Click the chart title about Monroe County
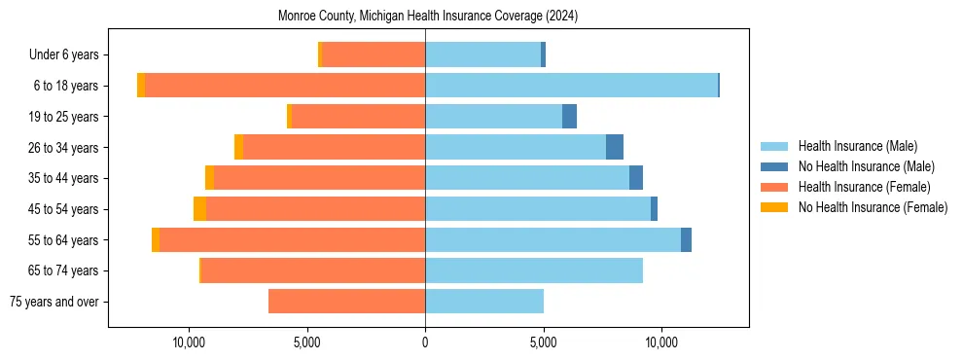(428, 17)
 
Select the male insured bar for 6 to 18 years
(571, 86)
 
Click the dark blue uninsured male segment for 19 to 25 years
(569, 117)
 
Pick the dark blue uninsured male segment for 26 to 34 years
(615, 147)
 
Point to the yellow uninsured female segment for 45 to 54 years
(199, 209)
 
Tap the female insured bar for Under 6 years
(373, 55)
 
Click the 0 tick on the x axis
(425, 342)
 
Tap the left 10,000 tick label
(189, 342)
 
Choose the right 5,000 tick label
(543, 342)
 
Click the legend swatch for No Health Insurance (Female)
(774, 207)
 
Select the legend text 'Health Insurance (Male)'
(857, 146)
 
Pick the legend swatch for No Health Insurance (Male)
(774, 166)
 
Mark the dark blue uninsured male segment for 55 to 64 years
(686, 240)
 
